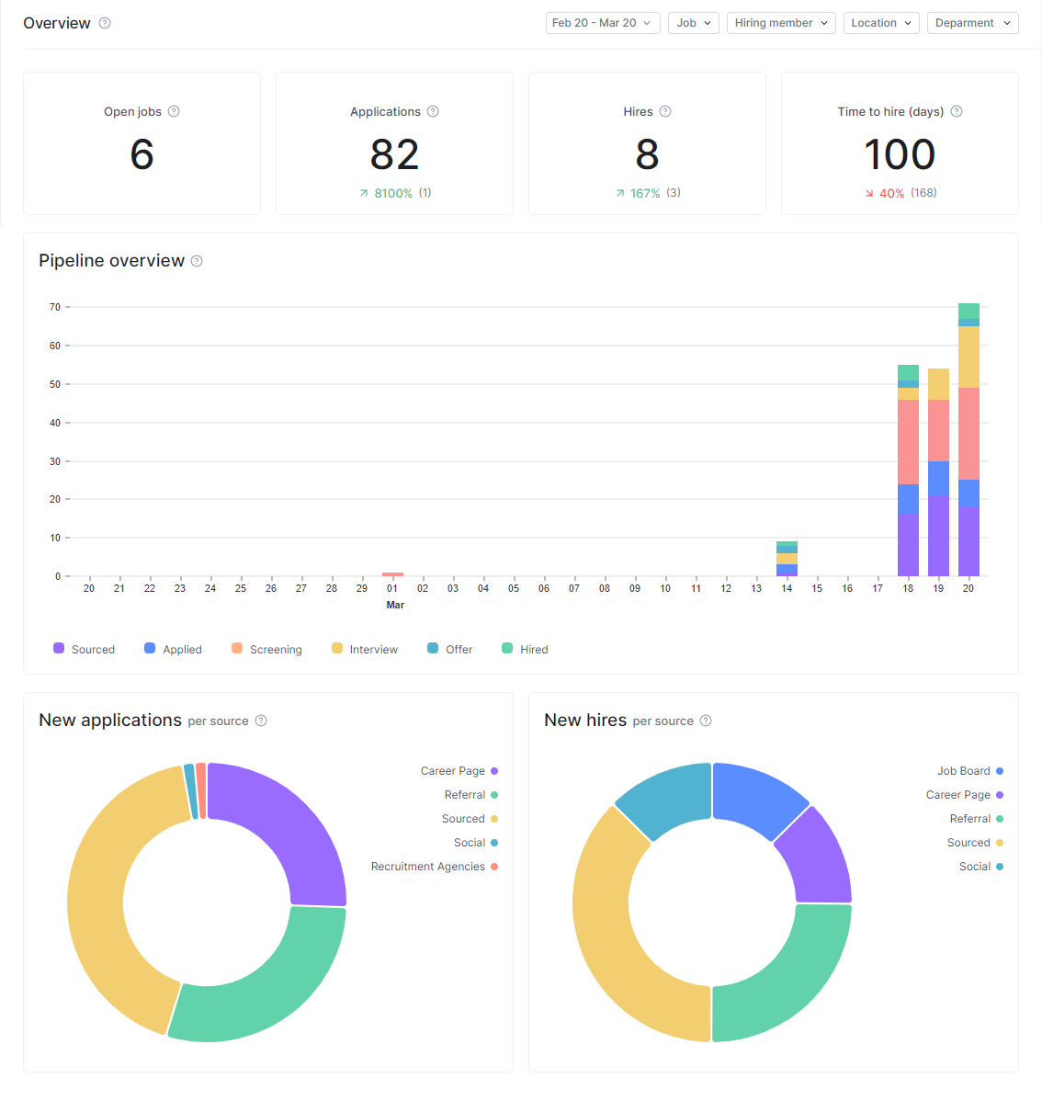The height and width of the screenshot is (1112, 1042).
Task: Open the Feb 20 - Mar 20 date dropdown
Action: [x=602, y=23]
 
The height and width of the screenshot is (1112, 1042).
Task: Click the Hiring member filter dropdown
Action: [x=781, y=23]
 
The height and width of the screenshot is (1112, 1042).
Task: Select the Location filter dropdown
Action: [x=881, y=23]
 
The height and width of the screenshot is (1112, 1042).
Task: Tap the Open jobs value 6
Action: [x=142, y=154]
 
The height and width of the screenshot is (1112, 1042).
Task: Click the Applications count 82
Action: [x=394, y=154]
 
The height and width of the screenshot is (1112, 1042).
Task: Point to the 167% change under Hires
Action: [x=644, y=194]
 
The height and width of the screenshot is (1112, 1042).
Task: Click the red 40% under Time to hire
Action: [x=891, y=194]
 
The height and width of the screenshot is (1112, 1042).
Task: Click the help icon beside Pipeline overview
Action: [x=197, y=261]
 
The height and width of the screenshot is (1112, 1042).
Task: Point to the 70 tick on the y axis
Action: [x=55, y=307]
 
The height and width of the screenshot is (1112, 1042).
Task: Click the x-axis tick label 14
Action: [x=787, y=588]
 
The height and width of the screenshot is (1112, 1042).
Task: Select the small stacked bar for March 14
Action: [x=787, y=559]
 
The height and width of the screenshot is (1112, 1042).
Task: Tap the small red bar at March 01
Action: [x=392, y=574]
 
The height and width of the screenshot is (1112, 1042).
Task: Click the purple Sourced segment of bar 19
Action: [x=938, y=537]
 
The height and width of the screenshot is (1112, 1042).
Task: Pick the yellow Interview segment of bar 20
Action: [x=968, y=357]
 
